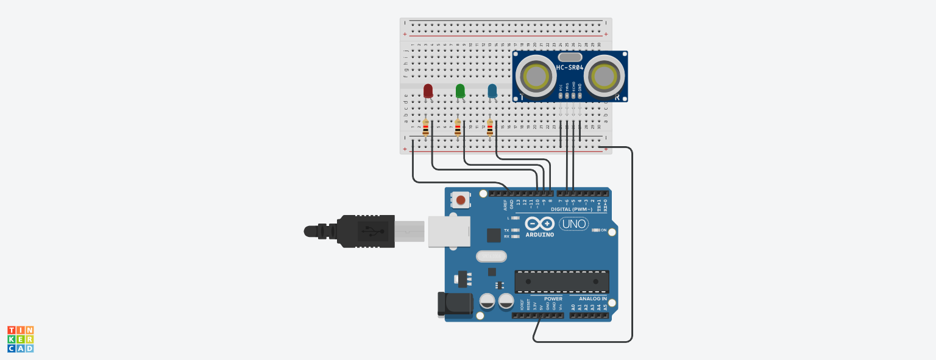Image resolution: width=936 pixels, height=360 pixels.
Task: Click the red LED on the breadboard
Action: [428, 91]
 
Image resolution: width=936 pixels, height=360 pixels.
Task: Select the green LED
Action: [460, 91]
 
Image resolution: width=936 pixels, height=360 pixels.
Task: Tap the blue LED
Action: [492, 91]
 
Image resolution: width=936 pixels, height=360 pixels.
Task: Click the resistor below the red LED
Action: [425, 128]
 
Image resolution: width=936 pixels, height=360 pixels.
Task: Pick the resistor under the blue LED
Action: [490, 128]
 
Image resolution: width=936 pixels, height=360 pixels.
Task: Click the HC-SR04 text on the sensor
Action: [570, 68]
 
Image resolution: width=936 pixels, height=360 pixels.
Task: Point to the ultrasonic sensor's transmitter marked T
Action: [536, 77]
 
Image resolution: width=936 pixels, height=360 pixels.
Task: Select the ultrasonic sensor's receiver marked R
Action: [603, 77]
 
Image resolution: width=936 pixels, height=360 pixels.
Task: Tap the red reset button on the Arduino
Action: [461, 200]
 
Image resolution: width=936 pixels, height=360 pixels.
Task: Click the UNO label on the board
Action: [573, 224]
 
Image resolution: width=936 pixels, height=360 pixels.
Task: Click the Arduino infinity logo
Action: [539, 224]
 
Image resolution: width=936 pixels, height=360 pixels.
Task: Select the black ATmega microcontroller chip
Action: [561, 281]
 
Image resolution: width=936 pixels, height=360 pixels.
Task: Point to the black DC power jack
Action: [455, 303]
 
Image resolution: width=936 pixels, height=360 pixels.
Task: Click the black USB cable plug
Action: [366, 231]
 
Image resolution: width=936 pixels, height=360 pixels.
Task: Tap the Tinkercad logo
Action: [21, 339]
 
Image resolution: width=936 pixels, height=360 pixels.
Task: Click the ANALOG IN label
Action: [592, 299]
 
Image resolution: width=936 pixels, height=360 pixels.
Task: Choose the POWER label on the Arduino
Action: [553, 299]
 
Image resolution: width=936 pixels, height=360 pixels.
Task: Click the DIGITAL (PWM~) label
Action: [572, 209]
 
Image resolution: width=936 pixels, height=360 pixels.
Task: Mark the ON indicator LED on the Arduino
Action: [595, 230]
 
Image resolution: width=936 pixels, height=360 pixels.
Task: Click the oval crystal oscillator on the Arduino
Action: [491, 256]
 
